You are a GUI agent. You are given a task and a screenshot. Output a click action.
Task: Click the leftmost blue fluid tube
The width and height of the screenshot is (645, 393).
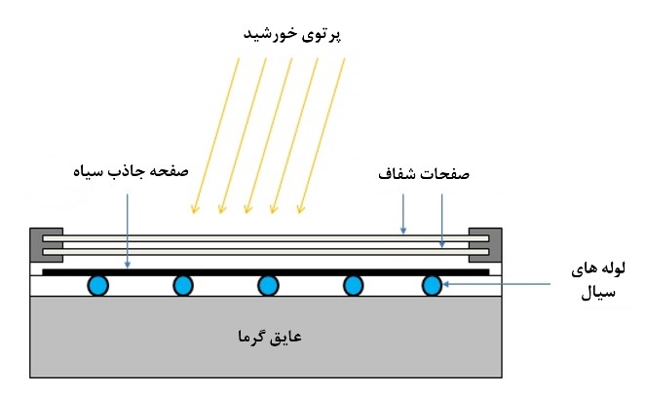click(98, 285)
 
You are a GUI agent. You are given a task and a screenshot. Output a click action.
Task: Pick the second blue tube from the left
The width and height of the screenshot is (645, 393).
click(183, 285)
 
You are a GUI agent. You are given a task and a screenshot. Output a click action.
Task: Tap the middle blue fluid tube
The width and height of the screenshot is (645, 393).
click(268, 285)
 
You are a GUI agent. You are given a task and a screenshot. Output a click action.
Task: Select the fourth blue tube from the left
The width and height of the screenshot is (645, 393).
click(353, 285)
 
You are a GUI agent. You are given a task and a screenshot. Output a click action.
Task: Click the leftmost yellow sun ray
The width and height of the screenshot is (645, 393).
click(215, 135)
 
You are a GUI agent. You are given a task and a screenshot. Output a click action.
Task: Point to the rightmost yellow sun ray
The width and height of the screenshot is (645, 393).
click(322, 135)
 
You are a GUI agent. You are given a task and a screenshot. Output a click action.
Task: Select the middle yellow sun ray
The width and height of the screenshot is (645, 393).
click(269, 135)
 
